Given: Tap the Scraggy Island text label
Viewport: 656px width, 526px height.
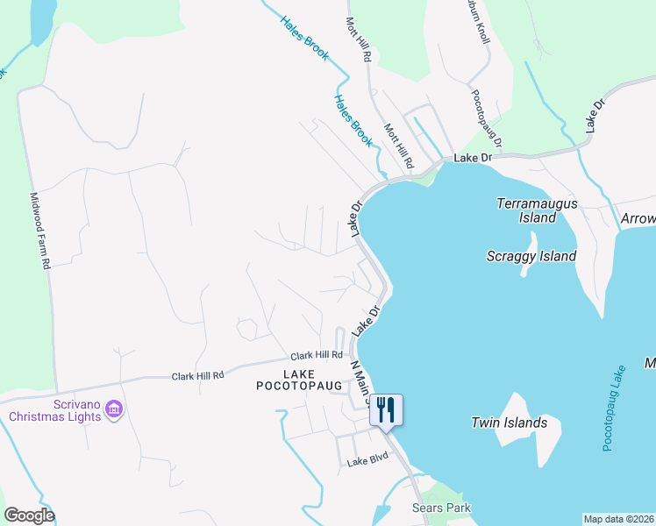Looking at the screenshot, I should pos(531,256).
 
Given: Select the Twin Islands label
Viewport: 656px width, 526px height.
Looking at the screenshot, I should pos(510,423).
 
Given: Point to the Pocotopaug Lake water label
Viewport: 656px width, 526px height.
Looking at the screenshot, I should pos(611,409).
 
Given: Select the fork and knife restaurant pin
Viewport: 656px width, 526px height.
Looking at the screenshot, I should pos(386,410).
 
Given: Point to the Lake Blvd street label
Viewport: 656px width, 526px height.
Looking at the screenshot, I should pos(367,462).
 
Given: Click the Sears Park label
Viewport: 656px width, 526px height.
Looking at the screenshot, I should pos(441,508).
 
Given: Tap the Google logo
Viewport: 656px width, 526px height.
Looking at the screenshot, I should pos(28,515).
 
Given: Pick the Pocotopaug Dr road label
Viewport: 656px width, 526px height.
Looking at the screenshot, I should pos(487,118).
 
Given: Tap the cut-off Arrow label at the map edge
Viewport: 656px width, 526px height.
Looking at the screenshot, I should pos(638,218).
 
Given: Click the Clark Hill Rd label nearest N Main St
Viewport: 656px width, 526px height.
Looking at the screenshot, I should pos(316,355).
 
